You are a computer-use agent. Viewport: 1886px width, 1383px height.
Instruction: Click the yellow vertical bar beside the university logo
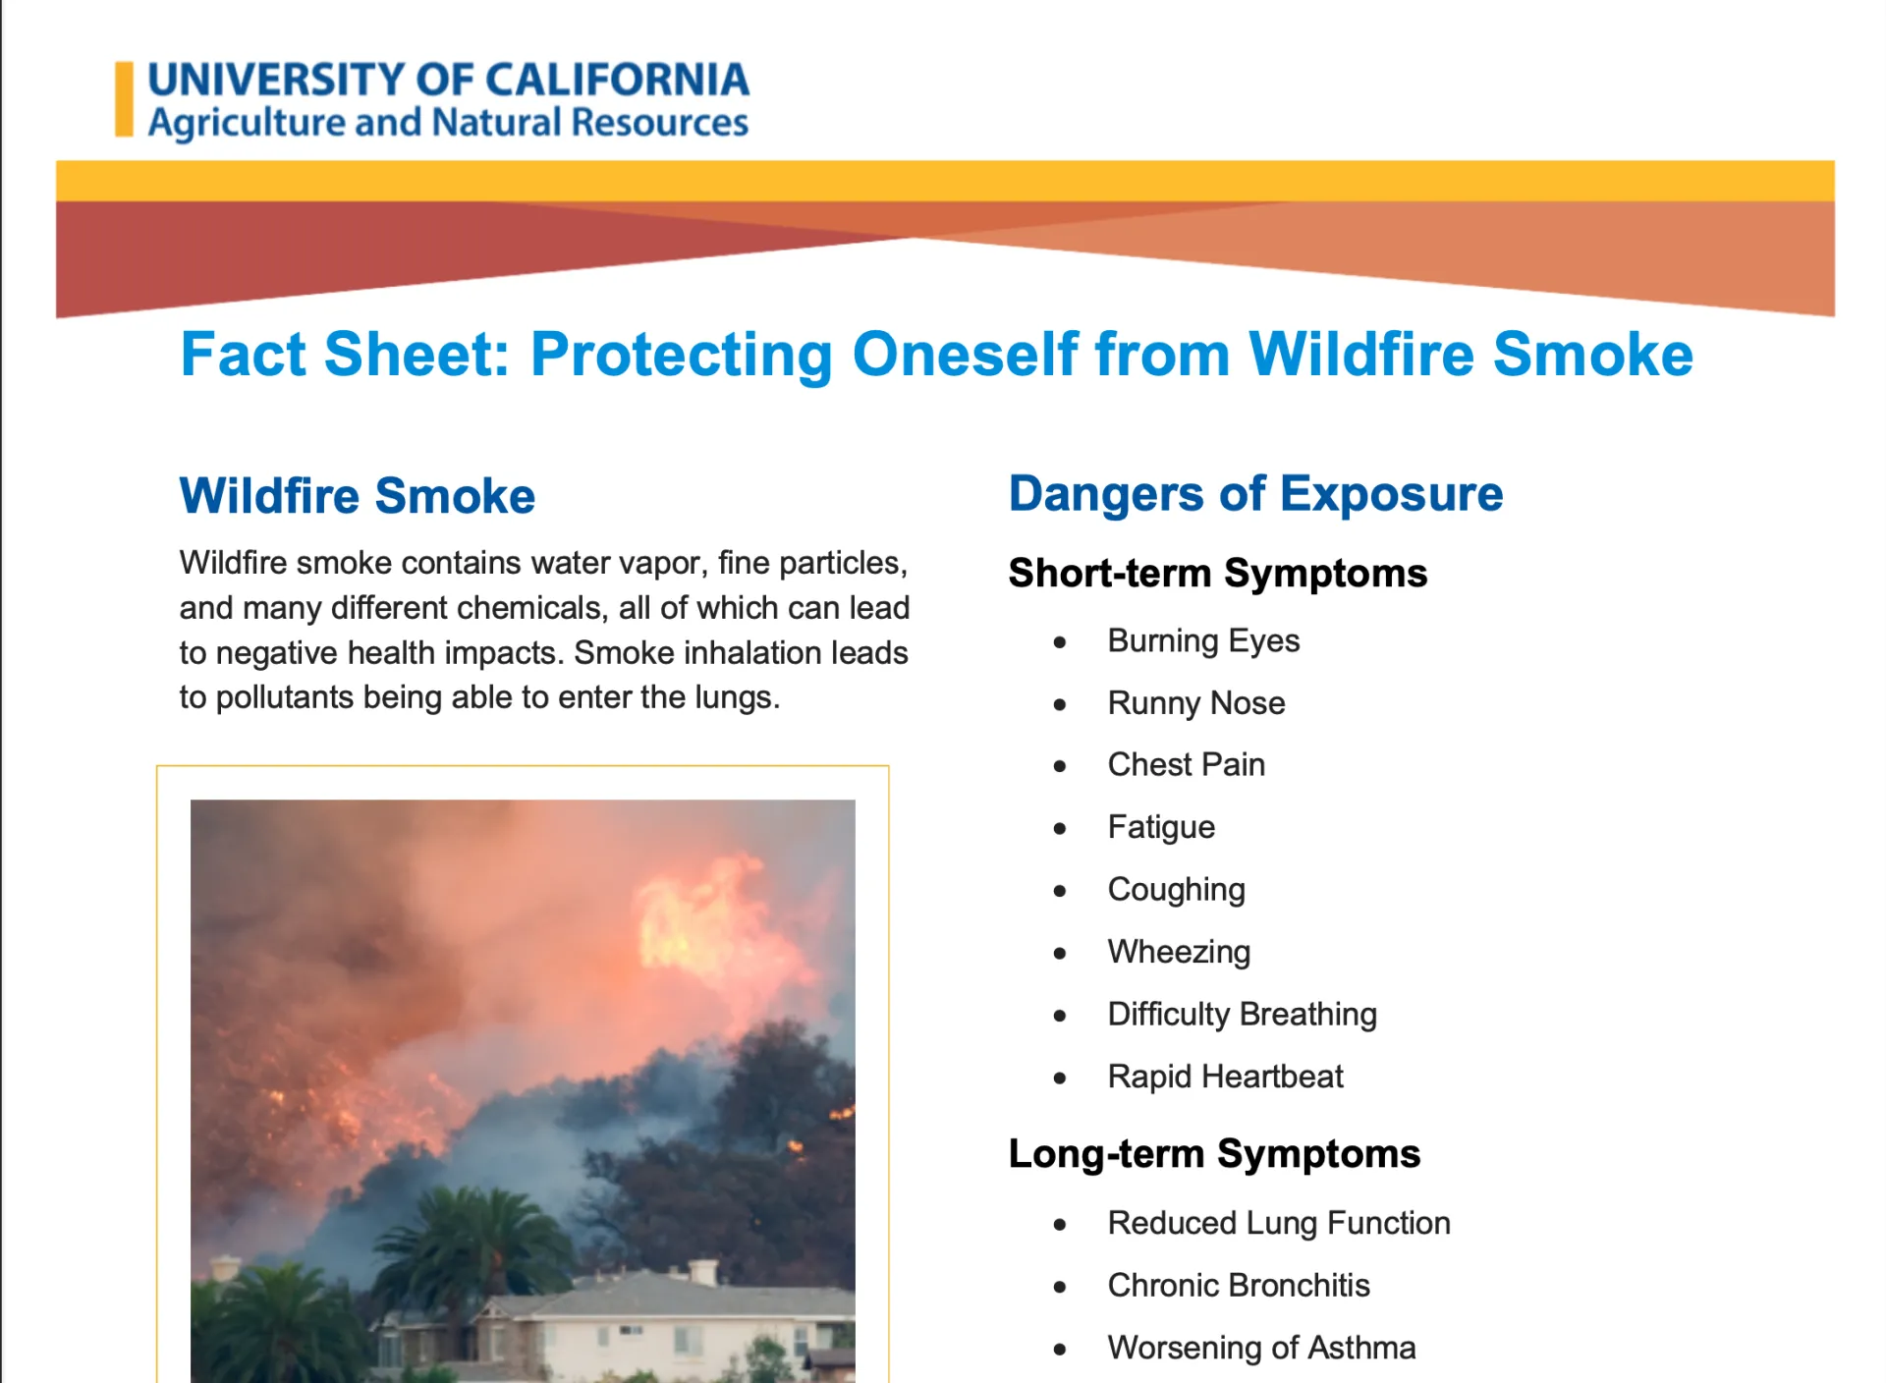[x=124, y=99]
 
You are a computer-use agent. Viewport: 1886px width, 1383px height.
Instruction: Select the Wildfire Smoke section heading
[x=357, y=495]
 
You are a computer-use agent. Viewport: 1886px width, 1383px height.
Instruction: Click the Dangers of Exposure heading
[x=1254, y=493]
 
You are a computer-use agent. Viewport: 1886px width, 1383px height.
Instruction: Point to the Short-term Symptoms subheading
[x=1217, y=573]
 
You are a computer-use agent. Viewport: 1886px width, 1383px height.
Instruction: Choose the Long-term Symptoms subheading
[x=1213, y=1153]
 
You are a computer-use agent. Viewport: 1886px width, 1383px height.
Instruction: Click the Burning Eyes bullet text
[x=1202, y=640]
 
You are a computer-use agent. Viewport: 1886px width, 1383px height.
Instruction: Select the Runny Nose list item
[x=1195, y=703]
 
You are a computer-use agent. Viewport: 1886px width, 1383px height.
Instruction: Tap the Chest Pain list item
[x=1186, y=765]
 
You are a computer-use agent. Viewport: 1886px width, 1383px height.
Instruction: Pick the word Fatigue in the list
[x=1160, y=827]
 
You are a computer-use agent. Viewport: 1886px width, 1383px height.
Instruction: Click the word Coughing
[x=1176, y=890]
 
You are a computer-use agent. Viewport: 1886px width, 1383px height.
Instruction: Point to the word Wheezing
[x=1179, y=952]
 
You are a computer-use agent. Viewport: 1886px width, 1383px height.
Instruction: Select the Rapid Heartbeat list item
[x=1224, y=1077]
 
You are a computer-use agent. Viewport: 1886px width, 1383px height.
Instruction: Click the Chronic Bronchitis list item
[x=1238, y=1286]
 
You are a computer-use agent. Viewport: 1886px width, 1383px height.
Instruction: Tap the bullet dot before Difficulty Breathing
[x=1059, y=1016]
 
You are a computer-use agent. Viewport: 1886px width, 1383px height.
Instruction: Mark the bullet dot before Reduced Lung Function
[x=1059, y=1225]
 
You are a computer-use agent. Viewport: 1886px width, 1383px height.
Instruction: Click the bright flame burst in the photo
[x=697, y=913]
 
